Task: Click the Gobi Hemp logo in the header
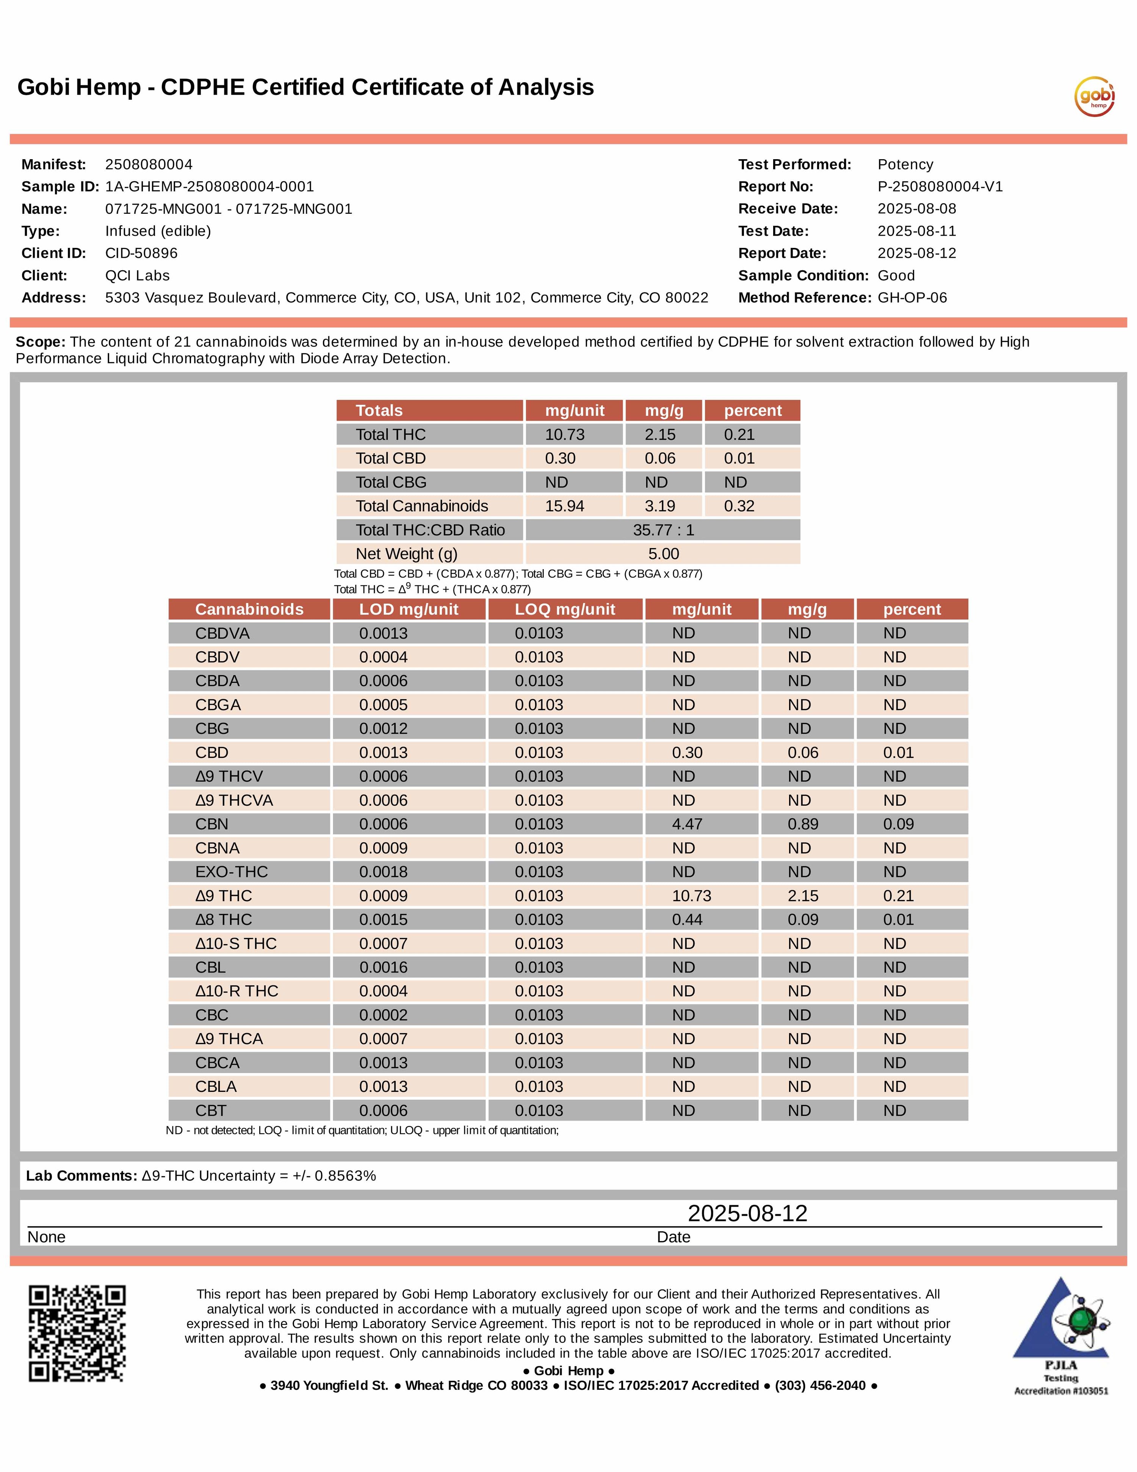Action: pos(1094,96)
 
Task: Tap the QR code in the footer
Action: pos(77,1333)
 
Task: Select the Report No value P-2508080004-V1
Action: pos(940,187)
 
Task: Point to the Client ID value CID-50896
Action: pos(141,254)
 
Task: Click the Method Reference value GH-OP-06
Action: pos(912,298)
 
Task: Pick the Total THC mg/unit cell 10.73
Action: pos(565,435)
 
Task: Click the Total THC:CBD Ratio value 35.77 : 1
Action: pos(663,531)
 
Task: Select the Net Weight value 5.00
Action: pos(663,554)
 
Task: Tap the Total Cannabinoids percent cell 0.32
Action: pos(739,506)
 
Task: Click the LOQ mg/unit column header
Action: pos(565,609)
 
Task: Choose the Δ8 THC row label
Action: pos(224,920)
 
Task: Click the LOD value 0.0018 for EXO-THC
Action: pos(383,872)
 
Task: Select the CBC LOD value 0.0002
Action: pos(383,1015)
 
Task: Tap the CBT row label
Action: pos(211,1111)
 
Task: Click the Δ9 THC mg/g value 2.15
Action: pos(803,896)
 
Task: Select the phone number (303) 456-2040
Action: pos(819,1386)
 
